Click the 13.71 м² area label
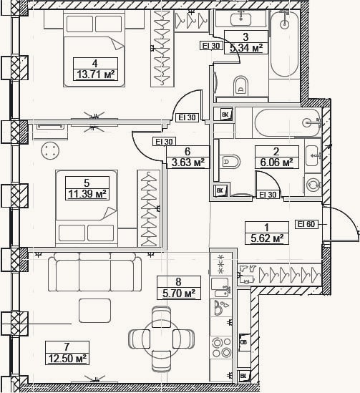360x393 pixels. point(95,74)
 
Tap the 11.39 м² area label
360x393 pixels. point(87,194)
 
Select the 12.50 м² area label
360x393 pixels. point(67,358)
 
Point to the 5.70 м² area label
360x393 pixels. point(179,293)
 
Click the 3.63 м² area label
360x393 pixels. point(188,162)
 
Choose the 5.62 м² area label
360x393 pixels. point(267,238)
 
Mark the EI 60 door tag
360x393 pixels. point(306,224)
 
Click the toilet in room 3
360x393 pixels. point(240,86)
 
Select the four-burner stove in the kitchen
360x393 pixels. point(221,347)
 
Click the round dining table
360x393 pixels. point(161,339)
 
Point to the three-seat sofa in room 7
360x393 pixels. point(94,272)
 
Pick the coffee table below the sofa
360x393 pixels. point(95,311)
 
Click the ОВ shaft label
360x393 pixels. point(244,342)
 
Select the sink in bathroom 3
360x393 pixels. point(241,19)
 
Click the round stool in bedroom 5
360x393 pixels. point(50,150)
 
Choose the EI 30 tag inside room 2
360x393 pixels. point(268,195)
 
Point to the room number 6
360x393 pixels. point(188,152)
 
